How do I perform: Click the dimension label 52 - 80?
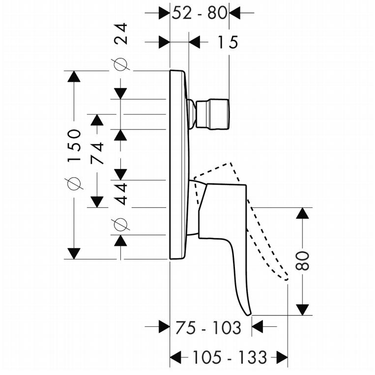(199, 13)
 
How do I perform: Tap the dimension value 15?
(228, 42)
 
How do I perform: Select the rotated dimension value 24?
(120, 33)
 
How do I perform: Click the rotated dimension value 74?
(97, 153)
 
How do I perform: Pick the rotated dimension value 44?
(120, 194)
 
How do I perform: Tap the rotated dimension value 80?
(302, 260)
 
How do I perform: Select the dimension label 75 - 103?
(208, 328)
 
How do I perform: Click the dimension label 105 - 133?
(230, 357)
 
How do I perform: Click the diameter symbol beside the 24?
(121, 64)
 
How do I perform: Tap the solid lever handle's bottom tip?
(249, 314)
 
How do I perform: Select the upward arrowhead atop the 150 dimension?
(74, 77)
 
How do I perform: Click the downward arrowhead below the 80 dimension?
(303, 310)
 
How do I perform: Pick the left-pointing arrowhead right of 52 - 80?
(235, 13)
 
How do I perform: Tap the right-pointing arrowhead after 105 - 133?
(282, 357)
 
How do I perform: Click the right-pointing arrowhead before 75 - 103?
(164, 326)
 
